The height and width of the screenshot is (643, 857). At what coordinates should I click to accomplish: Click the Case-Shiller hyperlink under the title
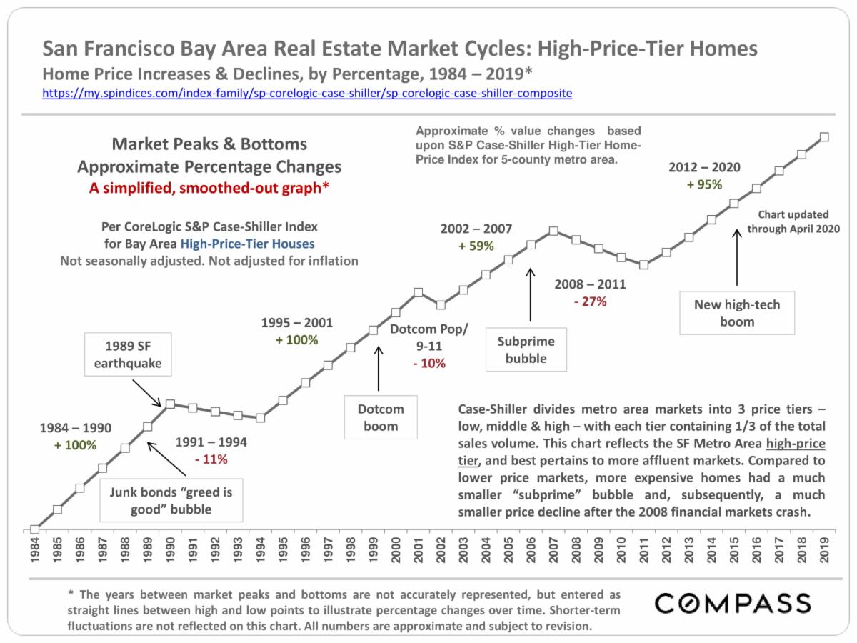coord(307,93)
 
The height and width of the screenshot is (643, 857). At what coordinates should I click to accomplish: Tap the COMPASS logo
coord(733,602)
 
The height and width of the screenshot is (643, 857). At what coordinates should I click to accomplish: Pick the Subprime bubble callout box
coord(526,350)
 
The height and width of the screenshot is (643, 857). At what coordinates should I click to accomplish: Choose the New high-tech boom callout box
coord(737,313)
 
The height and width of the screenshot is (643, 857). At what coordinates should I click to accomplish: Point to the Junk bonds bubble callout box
coord(171,501)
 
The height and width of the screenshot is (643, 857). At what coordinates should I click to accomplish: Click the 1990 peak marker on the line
coord(170,404)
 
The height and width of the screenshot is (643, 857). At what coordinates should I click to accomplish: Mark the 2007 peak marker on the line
coord(553,231)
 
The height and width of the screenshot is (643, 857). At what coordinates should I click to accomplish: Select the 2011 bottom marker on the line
coord(643,264)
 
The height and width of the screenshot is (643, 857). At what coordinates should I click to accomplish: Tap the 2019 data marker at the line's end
coord(824,136)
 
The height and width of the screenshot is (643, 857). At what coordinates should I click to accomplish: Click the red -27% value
coord(590,301)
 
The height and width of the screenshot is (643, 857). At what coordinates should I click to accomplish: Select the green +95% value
coord(704,184)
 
